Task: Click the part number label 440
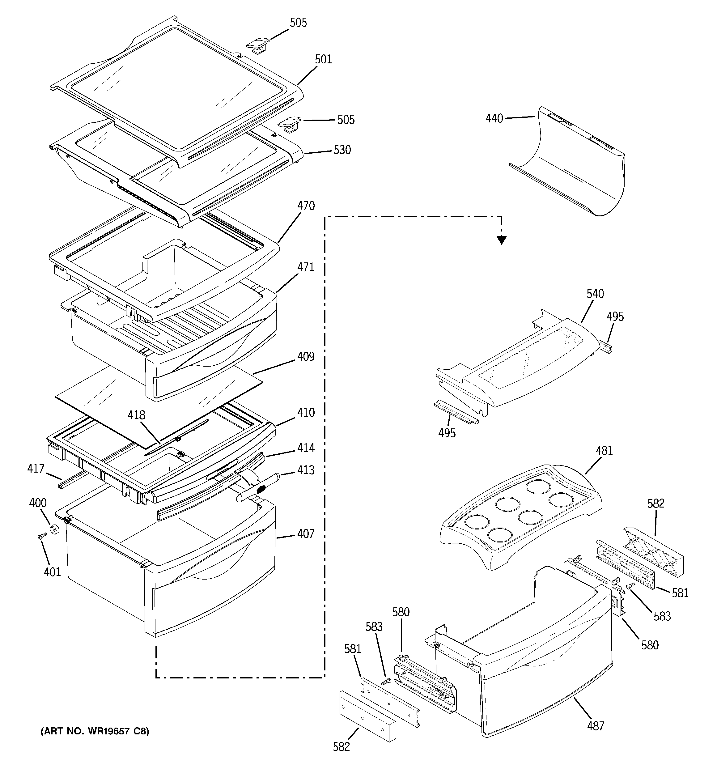pyautogui.click(x=494, y=118)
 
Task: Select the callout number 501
pyautogui.click(x=323, y=59)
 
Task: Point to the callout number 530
pyautogui.click(x=342, y=150)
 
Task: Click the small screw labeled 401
pyautogui.click(x=41, y=536)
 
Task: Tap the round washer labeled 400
pyautogui.click(x=55, y=529)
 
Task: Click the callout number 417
pyautogui.click(x=36, y=469)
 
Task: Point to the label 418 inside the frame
pyautogui.click(x=137, y=415)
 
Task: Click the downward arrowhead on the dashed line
pyautogui.click(x=501, y=240)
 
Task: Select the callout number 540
pyautogui.click(x=595, y=294)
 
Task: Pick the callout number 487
pyautogui.click(x=595, y=726)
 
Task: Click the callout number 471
pyautogui.click(x=306, y=267)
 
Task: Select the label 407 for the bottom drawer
pyautogui.click(x=306, y=534)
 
